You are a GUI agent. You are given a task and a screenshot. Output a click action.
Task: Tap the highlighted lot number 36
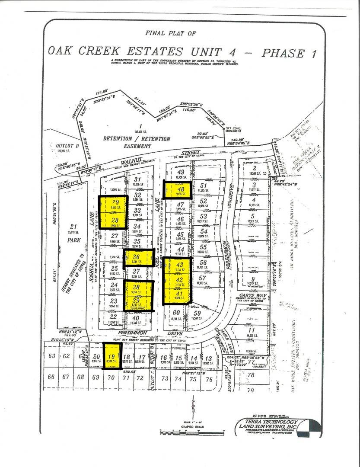click(x=136, y=256)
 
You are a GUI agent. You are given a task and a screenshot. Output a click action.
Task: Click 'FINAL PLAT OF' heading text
click(x=170, y=32)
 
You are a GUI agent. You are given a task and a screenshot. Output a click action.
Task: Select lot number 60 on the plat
click(x=176, y=312)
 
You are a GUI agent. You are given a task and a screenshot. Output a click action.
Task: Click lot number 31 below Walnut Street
click(x=137, y=179)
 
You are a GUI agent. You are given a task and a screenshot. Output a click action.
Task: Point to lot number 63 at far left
click(x=52, y=356)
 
